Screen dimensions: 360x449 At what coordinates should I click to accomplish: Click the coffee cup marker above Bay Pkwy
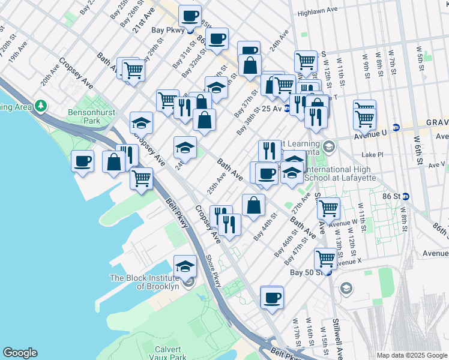(190, 16)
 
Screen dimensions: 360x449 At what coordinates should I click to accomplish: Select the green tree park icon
(41, 106)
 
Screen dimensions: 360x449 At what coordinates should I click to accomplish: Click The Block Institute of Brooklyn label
(145, 282)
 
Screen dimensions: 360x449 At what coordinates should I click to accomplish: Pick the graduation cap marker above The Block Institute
(185, 266)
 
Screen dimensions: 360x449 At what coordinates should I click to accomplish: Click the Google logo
(20, 353)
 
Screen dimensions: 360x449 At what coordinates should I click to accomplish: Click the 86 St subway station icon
(406, 196)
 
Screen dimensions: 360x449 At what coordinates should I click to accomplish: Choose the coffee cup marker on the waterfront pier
(83, 161)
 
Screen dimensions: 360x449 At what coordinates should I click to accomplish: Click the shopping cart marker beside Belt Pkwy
(141, 178)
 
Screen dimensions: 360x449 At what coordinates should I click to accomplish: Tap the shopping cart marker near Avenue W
(328, 208)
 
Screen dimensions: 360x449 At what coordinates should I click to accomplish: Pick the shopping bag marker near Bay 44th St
(253, 205)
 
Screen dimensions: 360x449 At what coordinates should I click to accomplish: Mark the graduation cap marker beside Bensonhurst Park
(142, 123)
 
